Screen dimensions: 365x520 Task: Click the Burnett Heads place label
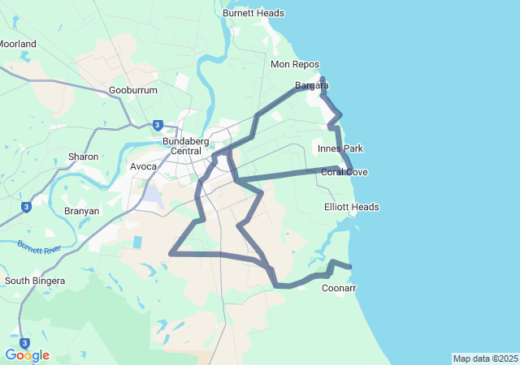tap(253, 13)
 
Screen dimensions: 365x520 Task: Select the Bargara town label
tap(311, 85)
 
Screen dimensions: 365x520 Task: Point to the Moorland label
tap(17, 44)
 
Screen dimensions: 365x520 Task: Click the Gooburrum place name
tap(132, 91)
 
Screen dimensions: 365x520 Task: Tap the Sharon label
tap(83, 157)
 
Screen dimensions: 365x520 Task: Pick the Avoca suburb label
tap(144, 166)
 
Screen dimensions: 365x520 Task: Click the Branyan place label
tap(81, 211)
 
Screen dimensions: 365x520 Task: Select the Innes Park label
tap(340, 148)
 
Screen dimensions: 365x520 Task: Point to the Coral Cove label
tap(344, 172)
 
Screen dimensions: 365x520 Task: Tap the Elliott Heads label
tap(352, 207)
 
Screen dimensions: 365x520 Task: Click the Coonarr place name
tap(339, 288)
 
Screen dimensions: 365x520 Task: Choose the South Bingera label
tap(35, 281)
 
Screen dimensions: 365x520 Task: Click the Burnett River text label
tap(39, 246)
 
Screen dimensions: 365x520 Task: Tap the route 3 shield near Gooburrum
tap(158, 125)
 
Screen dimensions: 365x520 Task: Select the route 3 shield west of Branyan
tap(26, 207)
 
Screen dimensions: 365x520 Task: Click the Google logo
tap(27, 355)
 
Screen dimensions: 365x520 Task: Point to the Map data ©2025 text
tap(485, 359)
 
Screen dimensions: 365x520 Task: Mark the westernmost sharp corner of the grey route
tap(171, 254)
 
